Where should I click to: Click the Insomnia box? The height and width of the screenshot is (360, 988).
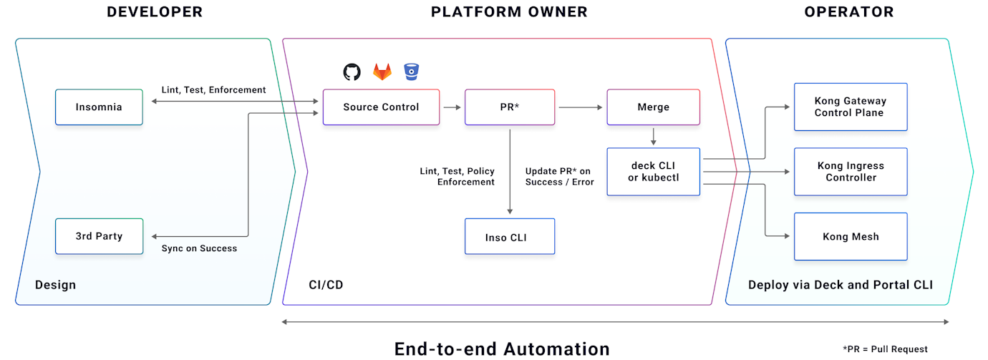[x=99, y=107]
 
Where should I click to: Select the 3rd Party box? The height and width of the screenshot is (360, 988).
[x=99, y=236]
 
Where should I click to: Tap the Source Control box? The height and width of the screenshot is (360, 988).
[x=381, y=107]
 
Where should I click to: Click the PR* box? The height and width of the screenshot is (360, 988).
[x=509, y=107]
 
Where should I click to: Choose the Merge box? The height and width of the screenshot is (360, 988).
[x=652, y=107]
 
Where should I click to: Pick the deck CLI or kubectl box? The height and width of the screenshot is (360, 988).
[x=652, y=172]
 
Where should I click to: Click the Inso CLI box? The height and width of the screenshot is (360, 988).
[x=509, y=237]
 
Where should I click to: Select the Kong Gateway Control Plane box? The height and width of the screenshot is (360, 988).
[x=850, y=107]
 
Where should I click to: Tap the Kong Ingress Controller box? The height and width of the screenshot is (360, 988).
[x=850, y=172]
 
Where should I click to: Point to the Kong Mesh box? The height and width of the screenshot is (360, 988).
[x=850, y=236]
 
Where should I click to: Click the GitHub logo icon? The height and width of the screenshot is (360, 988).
[x=352, y=72]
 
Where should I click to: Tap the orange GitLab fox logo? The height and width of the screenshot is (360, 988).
[x=382, y=72]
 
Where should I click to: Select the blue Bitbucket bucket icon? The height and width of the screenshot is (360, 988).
[x=412, y=71]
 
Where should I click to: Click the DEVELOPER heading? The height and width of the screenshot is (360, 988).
[x=155, y=12]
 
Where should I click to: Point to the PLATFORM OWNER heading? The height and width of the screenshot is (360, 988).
[x=509, y=12]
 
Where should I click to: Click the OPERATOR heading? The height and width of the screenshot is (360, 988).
[x=849, y=12]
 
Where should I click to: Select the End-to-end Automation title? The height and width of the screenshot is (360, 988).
[x=502, y=349]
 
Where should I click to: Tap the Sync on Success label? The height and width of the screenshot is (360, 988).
[x=199, y=248]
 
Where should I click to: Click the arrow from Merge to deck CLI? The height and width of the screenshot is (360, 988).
[x=652, y=136]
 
